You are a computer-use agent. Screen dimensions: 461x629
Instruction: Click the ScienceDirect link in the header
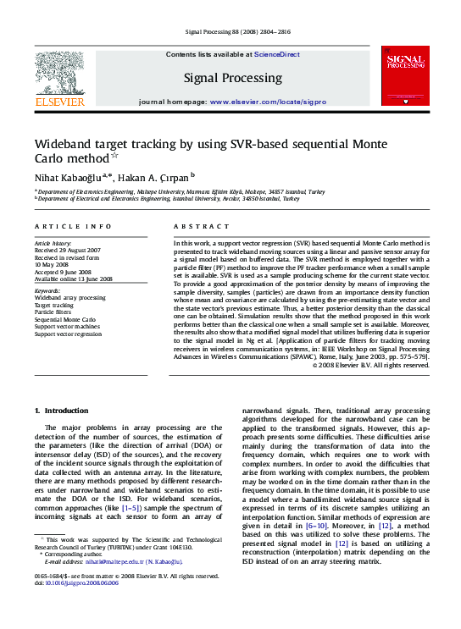click(x=279, y=54)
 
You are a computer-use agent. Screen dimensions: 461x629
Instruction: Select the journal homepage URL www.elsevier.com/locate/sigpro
click(x=268, y=101)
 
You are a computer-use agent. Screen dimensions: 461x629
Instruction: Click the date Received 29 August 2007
click(x=67, y=251)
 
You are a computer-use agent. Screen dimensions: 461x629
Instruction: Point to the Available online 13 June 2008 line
click(x=75, y=279)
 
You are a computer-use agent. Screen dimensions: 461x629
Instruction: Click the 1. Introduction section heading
click(x=60, y=411)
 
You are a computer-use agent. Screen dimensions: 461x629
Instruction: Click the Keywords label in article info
click(x=48, y=290)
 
